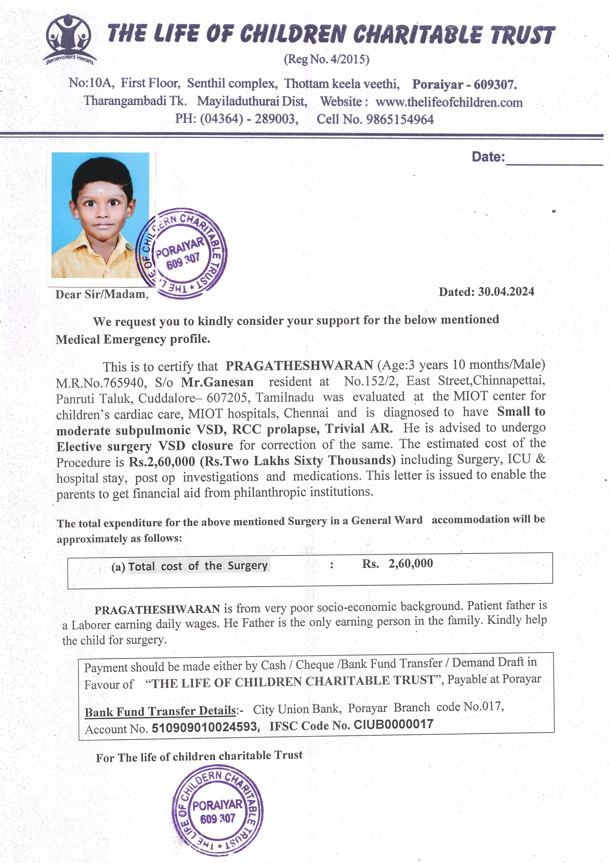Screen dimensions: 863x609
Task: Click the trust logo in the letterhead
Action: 70,39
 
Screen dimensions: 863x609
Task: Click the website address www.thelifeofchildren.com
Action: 449,102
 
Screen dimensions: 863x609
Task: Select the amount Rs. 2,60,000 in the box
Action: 398,563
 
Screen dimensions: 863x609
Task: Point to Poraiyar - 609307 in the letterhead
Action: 464,84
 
